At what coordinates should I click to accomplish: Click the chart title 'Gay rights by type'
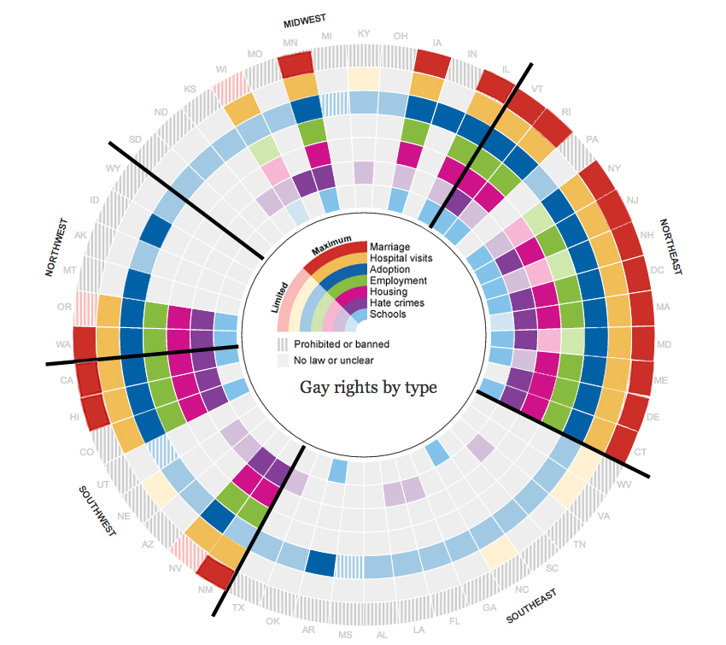pyautogui.click(x=368, y=388)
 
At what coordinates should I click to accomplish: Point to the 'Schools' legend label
pyautogui.click(x=389, y=314)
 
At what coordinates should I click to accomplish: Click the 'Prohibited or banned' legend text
pyautogui.click(x=342, y=344)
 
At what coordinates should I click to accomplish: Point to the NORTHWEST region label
pyautogui.click(x=56, y=247)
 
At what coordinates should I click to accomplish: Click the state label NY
pyautogui.click(x=613, y=167)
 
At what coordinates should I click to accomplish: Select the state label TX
pyautogui.click(x=238, y=607)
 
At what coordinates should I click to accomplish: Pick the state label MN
pyautogui.click(x=290, y=42)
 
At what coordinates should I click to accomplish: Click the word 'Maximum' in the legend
pyautogui.click(x=331, y=246)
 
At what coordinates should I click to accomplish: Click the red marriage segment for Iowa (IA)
pyautogui.click(x=432, y=62)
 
